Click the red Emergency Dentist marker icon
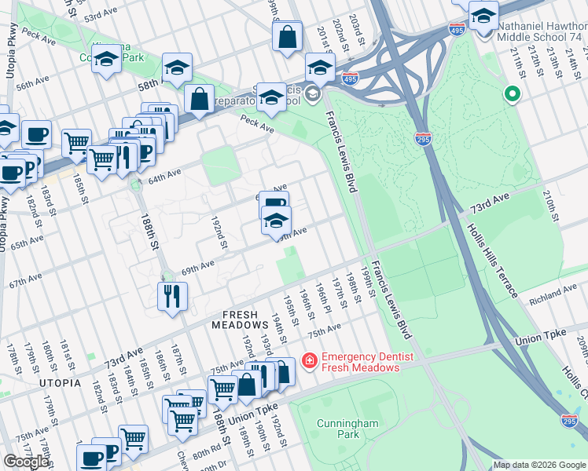(309, 361)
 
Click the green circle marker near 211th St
(513, 96)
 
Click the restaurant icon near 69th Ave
(171, 297)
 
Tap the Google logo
(27, 462)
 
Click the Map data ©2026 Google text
(539, 465)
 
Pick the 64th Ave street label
(164, 175)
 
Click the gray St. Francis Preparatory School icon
(313, 96)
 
